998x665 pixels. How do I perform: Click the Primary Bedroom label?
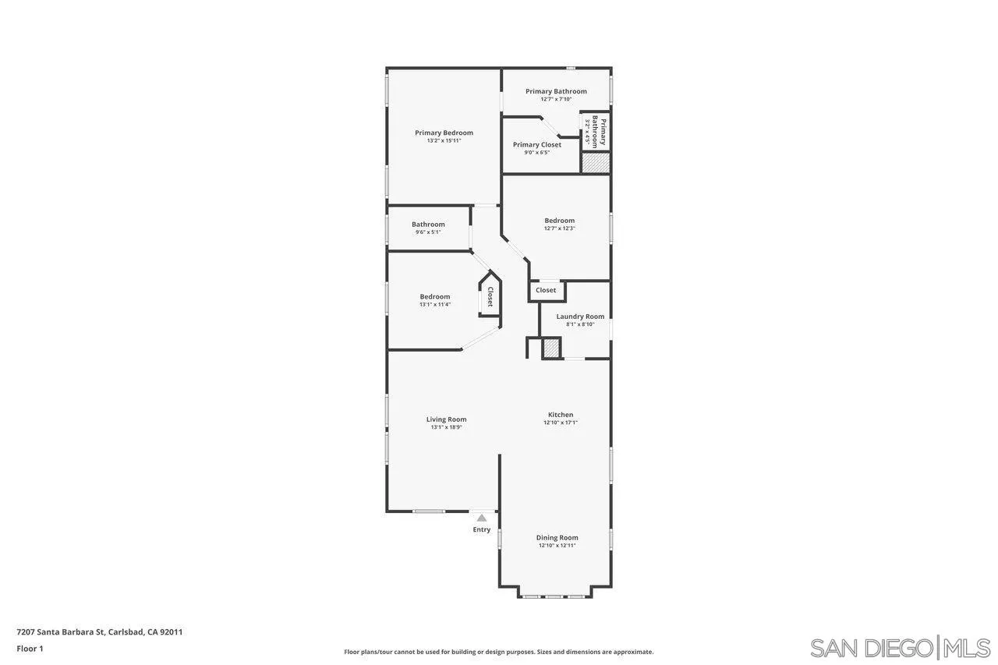pyautogui.click(x=444, y=133)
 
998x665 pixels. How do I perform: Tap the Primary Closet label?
pyautogui.click(x=536, y=145)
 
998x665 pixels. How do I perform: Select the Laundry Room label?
pyautogui.click(x=580, y=317)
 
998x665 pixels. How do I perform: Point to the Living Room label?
pyautogui.click(x=446, y=419)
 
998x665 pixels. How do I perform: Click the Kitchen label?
pyautogui.click(x=561, y=415)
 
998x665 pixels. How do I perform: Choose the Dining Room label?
pyautogui.click(x=557, y=537)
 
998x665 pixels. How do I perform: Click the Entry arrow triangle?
pyautogui.click(x=482, y=518)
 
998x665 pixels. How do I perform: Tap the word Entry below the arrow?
pyautogui.click(x=482, y=530)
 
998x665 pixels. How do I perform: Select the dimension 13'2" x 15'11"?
pyautogui.click(x=444, y=140)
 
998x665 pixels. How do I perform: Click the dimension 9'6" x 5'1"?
pyautogui.click(x=428, y=232)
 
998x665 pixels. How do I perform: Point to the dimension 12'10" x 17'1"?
pyautogui.click(x=561, y=423)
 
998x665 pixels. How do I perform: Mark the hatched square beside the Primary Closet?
pyautogui.click(x=596, y=163)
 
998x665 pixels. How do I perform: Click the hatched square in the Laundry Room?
pyautogui.click(x=551, y=348)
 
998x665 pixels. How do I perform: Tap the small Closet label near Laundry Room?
pyautogui.click(x=546, y=290)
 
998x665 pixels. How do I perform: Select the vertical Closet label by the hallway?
pyautogui.click(x=490, y=296)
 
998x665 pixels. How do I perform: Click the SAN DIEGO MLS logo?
pyautogui.click(x=900, y=647)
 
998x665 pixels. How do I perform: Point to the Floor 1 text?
pyautogui.click(x=30, y=648)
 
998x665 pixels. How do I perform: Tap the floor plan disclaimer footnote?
pyautogui.click(x=499, y=652)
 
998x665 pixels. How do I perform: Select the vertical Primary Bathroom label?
pyautogui.click(x=599, y=132)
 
